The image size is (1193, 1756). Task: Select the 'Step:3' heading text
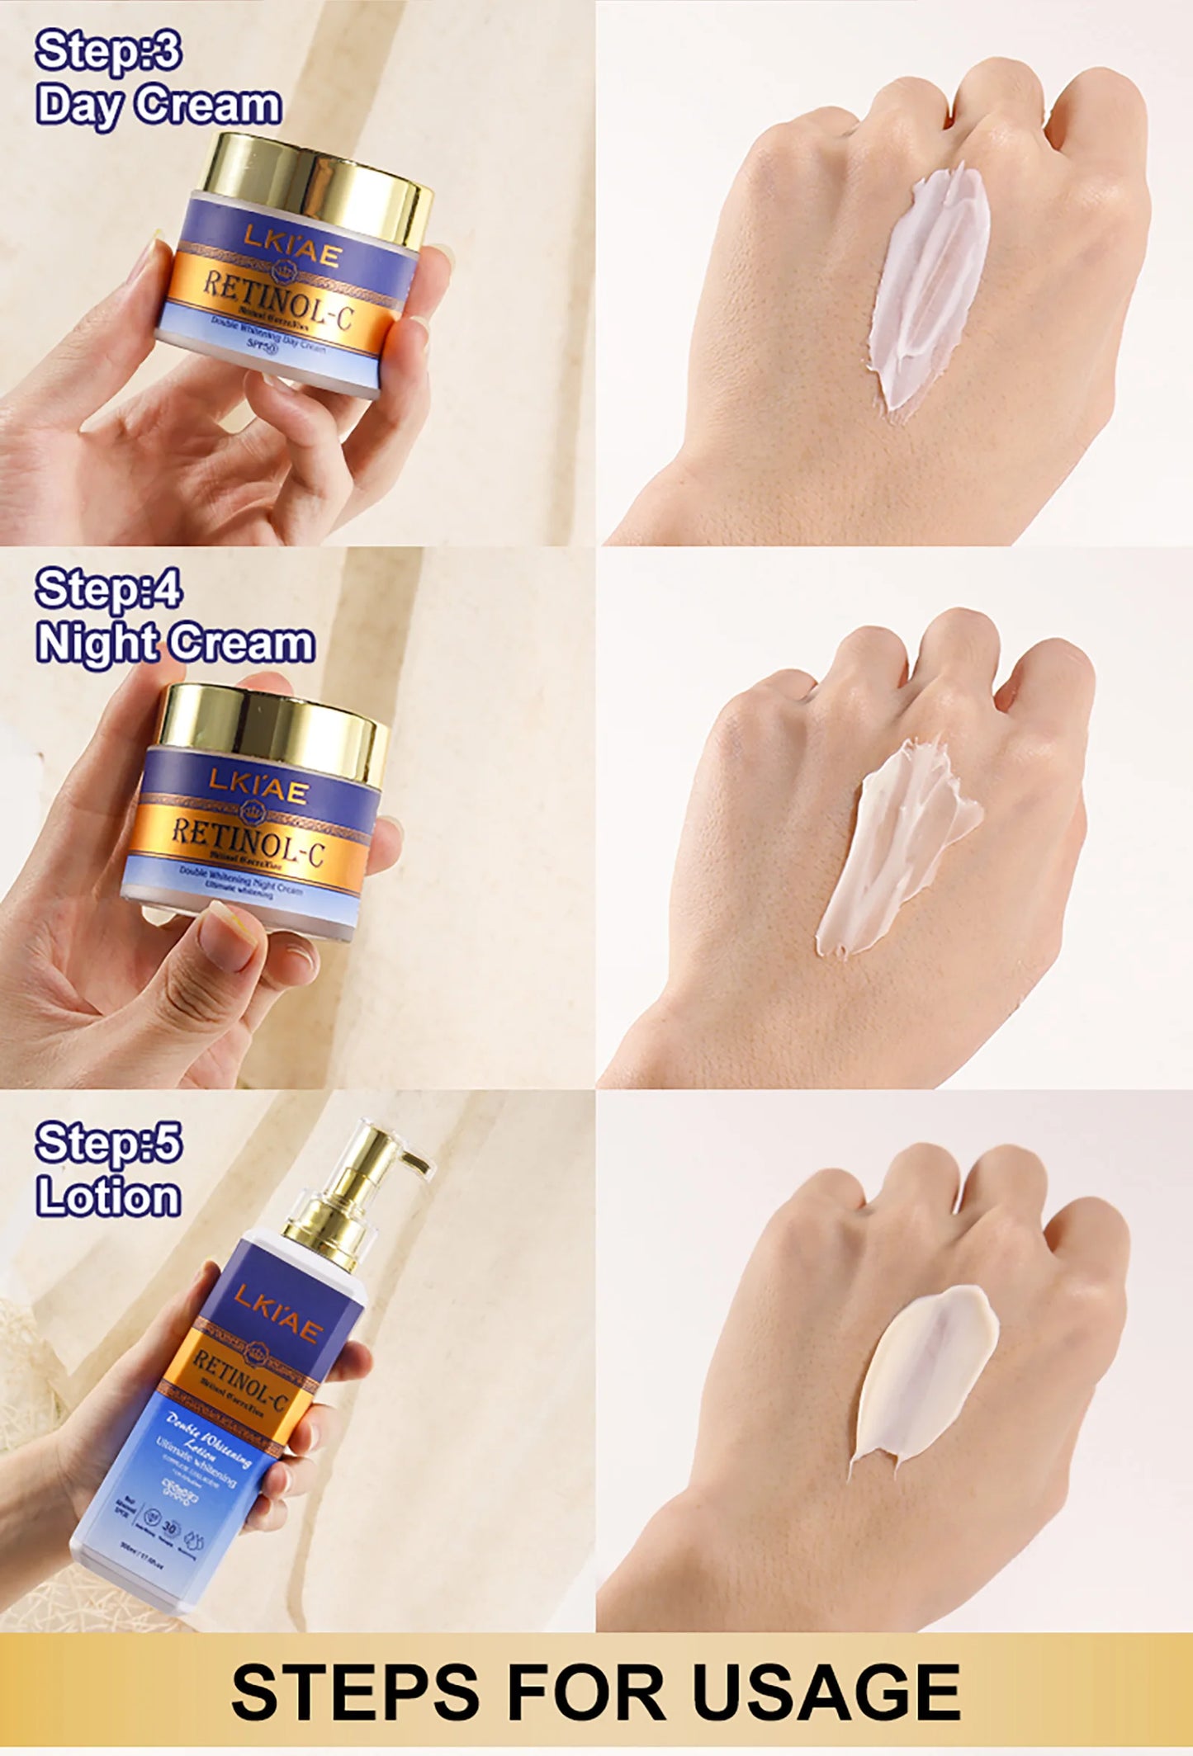[x=108, y=51]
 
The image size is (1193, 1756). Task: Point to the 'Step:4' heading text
[x=108, y=589]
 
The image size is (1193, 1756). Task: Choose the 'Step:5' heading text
[x=108, y=1143]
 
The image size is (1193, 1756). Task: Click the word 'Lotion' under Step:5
[x=108, y=1197]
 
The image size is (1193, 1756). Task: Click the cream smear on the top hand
[x=929, y=289]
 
